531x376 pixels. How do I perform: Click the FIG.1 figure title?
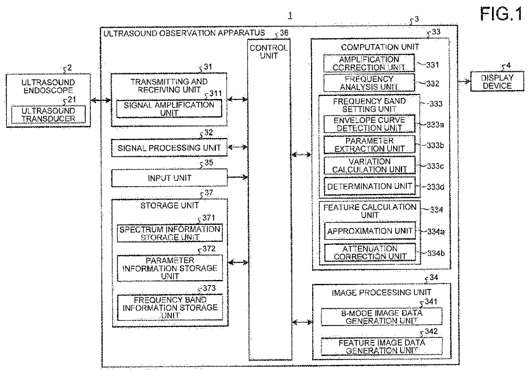coord(501,14)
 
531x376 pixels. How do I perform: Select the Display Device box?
coord(497,81)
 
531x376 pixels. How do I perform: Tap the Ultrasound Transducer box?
coord(48,114)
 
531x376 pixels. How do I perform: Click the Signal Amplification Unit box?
coord(169,109)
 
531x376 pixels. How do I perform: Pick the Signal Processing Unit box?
coord(169,148)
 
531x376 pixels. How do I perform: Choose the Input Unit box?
coord(169,178)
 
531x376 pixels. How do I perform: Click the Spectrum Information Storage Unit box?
coord(170,233)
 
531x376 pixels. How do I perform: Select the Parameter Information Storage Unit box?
coord(170,268)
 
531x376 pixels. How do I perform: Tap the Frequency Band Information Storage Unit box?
coord(170,307)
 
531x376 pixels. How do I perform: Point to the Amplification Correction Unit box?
coord(369,63)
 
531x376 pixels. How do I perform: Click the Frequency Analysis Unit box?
coord(369,83)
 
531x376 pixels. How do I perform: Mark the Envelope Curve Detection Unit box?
coord(370,124)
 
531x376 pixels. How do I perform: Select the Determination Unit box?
coord(370,186)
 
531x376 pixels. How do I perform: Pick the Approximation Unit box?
coord(370,231)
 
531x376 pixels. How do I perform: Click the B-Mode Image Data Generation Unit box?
coord(382,316)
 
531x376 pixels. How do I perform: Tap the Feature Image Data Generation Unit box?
coord(382,346)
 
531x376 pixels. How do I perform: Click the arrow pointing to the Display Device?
coord(464,81)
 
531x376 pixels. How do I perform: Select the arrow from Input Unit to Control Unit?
coord(238,177)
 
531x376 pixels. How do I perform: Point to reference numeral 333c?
coord(435,166)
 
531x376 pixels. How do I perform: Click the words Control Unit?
coord(268,52)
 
